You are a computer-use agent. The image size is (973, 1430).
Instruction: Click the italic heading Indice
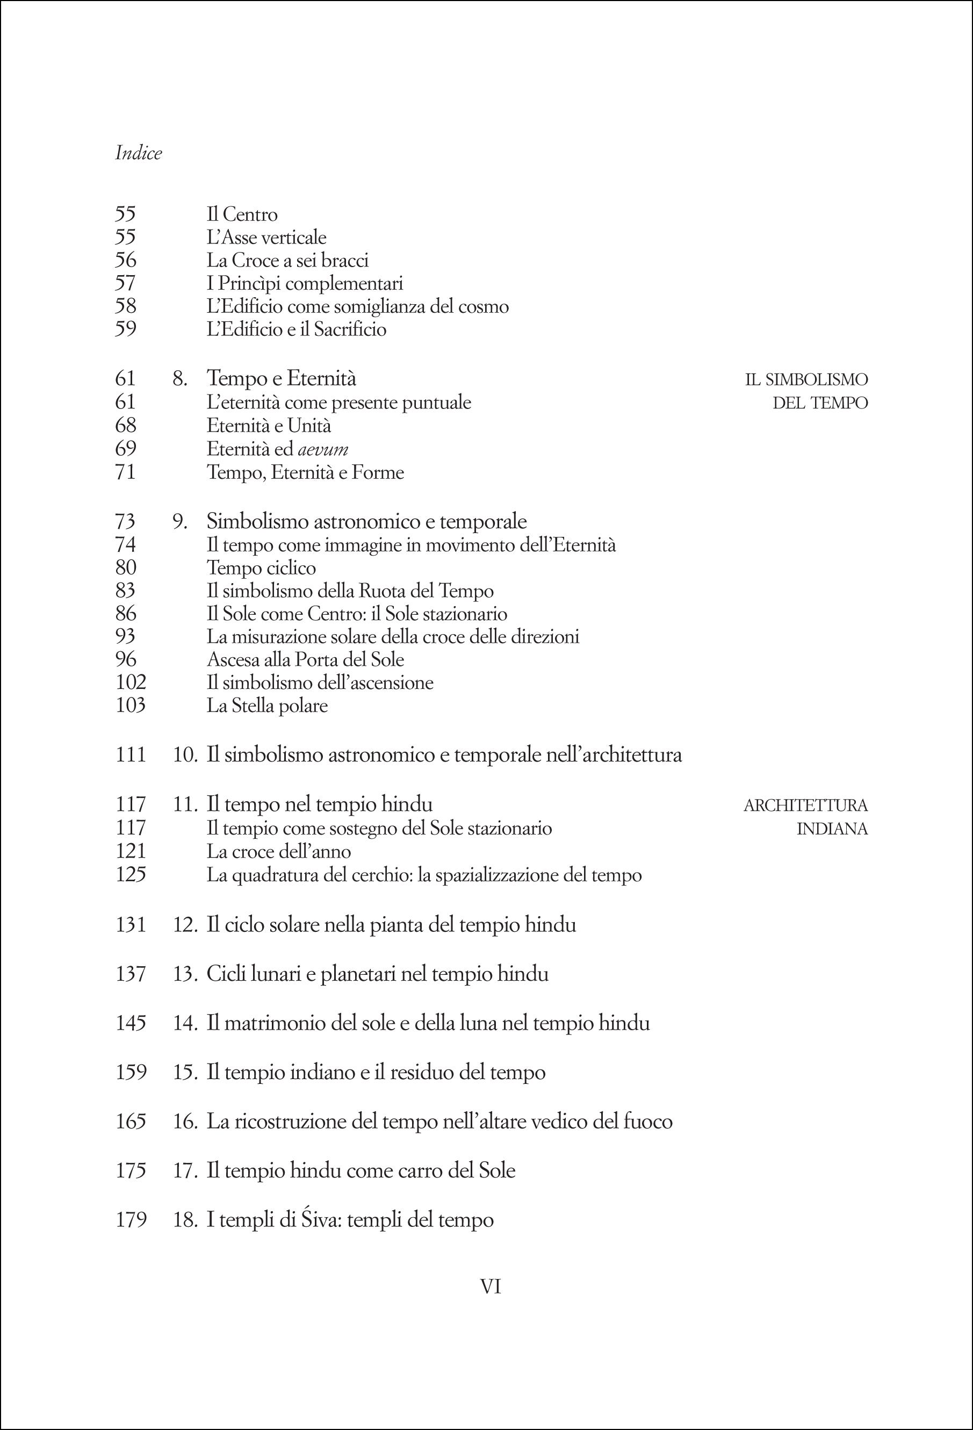click(139, 153)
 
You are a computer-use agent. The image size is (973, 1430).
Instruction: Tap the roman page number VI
click(490, 1286)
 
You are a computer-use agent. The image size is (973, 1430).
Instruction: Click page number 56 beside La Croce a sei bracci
click(126, 260)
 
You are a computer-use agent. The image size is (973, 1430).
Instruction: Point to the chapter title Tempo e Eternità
click(281, 378)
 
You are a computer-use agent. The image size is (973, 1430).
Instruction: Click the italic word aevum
click(323, 449)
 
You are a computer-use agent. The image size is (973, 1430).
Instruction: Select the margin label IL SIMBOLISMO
click(806, 379)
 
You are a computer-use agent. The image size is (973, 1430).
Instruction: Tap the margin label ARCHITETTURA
click(805, 805)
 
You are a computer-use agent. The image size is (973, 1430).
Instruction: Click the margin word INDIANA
click(832, 829)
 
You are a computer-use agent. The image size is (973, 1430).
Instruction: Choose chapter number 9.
click(179, 522)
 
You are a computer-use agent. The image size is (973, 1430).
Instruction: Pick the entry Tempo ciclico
click(262, 567)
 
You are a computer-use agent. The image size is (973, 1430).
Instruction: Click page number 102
click(131, 682)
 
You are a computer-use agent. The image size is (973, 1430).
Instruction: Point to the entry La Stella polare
click(267, 705)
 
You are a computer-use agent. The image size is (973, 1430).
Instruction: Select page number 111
click(131, 754)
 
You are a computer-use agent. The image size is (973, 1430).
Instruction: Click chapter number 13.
click(184, 974)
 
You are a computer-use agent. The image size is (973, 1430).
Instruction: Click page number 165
click(131, 1121)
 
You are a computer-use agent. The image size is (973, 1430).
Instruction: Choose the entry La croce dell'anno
click(279, 852)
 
